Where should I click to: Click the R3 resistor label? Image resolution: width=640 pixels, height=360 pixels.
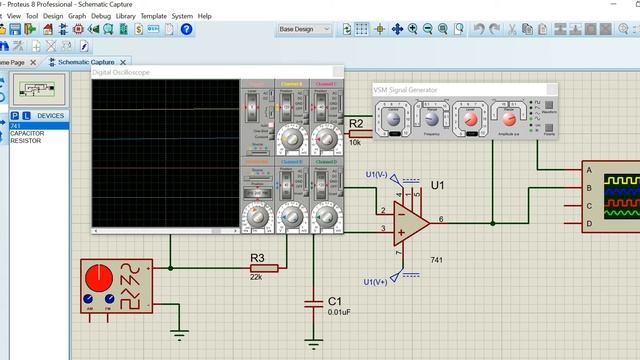click(x=258, y=257)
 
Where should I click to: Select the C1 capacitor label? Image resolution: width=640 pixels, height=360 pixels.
click(x=335, y=300)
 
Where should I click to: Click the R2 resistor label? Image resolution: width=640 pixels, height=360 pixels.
click(x=356, y=123)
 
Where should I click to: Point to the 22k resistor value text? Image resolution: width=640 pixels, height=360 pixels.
click(x=256, y=277)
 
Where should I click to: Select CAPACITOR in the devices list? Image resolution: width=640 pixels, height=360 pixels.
click(x=26, y=133)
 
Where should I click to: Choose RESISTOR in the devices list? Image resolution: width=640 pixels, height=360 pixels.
click(x=25, y=141)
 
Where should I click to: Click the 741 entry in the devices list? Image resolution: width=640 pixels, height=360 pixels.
click(x=15, y=125)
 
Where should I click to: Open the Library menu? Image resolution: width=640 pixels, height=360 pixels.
click(x=125, y=16)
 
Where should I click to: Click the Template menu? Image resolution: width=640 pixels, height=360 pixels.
click(x=153, y=16)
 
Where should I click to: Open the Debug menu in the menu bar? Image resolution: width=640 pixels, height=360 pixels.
click(x=101, y=16)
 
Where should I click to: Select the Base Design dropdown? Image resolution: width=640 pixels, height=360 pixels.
click(x=304, y=29)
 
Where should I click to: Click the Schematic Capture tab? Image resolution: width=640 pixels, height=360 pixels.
click(x=86, y=62)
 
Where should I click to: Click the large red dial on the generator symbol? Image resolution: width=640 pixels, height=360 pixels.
click(x=98, y=277)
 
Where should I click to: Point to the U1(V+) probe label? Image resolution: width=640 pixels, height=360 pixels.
click(x=376, y=281)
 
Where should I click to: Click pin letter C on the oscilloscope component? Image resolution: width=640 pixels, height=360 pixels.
click(x=591, y=205)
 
